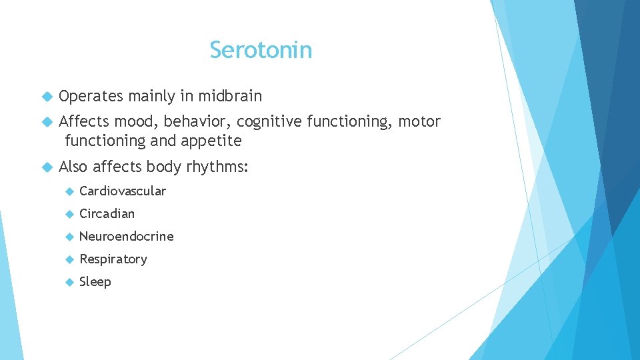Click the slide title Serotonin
pyautogui.click(x=261, y=50)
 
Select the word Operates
pyautogui.click(x=91, y=97)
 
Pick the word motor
pyautogui.click(x=419, y=122)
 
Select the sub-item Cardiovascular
pyautogui.click(x=123, y=191)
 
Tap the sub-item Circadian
pyautogui.click(x=107, y=214)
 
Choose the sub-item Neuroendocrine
pyautogui.click(x=126, y=237)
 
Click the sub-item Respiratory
pyautogui.click(x=113, y=259)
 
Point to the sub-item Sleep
pyautogui.click(x=95, y=282)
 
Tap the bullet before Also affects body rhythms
pyautogui.click(x=47, y=167)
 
